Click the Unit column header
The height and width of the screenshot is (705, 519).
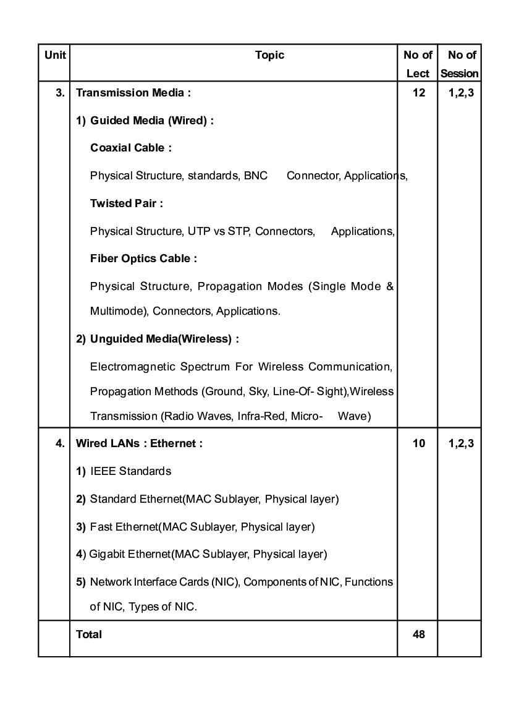[54, 55]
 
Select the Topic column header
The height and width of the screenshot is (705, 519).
[269, 55]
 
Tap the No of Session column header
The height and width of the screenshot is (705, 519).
[460, 64]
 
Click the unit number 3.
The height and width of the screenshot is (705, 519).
[60, 93]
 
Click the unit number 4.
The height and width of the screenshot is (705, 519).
[60, 443]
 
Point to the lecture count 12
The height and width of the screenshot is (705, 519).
[418, 93]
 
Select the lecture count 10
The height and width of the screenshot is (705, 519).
[418, 443]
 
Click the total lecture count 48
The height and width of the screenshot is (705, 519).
[418, 634]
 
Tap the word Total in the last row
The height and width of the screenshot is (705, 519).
[89, 634]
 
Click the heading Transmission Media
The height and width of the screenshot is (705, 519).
[133, 93]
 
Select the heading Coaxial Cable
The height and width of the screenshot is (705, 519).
[130, 148]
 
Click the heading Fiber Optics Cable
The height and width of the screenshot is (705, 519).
[143, 258]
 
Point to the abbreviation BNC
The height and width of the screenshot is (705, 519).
[255, 176]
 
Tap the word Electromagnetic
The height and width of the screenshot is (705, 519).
[132, 367]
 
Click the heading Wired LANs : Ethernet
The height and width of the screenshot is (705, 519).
[139, 443]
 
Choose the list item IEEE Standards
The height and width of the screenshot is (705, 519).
[130, 471]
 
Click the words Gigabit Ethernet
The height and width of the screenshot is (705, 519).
[129, 554]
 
